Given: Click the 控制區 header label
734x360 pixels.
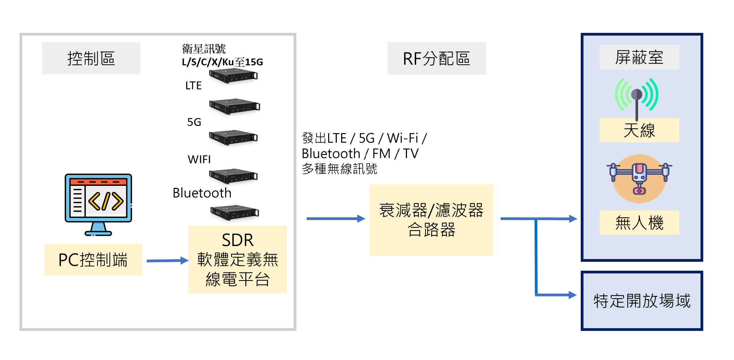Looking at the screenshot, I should click(91, 59).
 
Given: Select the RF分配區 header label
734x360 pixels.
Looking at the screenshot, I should click(436, 59).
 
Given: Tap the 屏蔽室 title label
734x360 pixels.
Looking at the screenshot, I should click(639, 57).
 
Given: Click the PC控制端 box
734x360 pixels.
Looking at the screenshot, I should click(93, 259).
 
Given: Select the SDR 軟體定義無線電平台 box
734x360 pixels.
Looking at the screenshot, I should click(237, 259).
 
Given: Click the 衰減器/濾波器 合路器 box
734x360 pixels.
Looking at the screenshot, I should click(431, 220).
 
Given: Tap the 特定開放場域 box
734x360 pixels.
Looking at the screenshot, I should click(642, 301).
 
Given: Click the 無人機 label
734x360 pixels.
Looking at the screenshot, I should click(639, 223).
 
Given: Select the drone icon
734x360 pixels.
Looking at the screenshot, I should click(639, 178).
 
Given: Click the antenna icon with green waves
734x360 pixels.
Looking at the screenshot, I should click(636, 96).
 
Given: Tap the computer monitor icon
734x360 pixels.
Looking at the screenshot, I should click(98, 204).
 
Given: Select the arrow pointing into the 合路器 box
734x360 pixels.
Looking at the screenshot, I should click(335, 218).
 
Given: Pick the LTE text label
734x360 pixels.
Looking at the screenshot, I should click(193, 86).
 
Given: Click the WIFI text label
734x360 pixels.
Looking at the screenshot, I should click(199, 159).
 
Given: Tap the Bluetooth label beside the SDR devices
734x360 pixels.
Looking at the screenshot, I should click(202, 193).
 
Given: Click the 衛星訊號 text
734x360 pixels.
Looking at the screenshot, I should click(204, 49).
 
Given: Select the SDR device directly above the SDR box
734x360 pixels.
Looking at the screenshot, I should click(235, 213).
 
